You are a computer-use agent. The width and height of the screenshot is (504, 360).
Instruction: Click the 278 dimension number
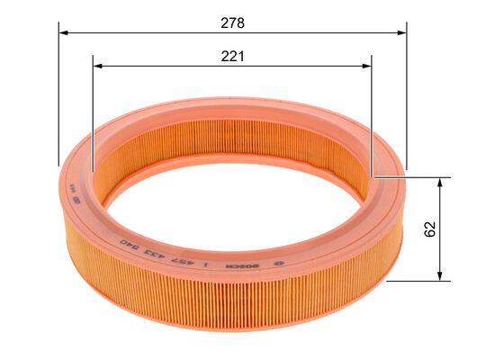[232, 21]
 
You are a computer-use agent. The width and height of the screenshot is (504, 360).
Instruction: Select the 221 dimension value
[232, 56]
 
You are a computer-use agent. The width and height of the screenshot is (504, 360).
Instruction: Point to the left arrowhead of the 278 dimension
[63, 31]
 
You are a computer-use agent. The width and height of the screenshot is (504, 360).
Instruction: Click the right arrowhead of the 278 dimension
[401, 31]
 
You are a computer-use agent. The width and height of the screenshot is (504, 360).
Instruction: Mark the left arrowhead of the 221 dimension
[98, 66]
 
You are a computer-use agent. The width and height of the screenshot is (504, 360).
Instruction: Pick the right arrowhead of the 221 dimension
[366, 66]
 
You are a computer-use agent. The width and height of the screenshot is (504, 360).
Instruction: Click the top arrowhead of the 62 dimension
[440, 181]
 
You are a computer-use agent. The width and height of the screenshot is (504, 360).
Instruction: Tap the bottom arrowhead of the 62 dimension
[440, 275]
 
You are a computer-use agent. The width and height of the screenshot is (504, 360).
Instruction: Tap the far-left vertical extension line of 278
[58, 99]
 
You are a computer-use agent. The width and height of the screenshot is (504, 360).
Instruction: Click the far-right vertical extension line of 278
[406, 99]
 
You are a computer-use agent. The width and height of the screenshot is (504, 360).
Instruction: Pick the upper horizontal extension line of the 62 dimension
[414, 176]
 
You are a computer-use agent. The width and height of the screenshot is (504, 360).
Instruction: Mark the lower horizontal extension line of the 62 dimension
[418, 280]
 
